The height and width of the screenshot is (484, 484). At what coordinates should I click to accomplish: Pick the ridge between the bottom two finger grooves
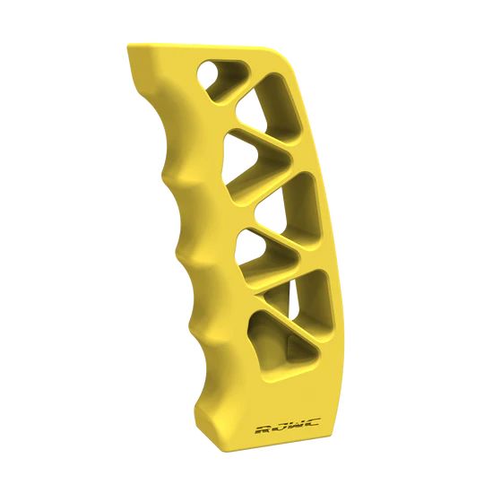(x=192, y=309)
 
